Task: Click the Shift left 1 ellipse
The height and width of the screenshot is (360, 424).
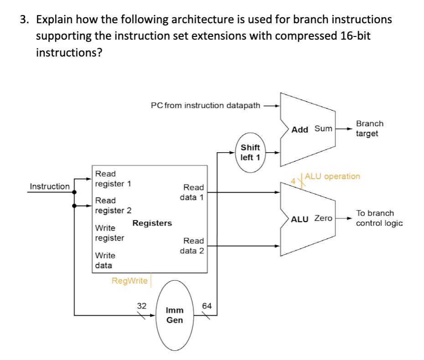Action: coord(250,153)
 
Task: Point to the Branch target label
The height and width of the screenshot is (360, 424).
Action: coord(369,129)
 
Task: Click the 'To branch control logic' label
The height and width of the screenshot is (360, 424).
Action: coord(379,218)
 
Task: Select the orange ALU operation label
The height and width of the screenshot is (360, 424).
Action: coord(332,176)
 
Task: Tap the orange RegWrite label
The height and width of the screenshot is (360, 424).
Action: coord(129,281)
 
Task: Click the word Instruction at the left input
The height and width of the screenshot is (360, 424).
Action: coord(50,186)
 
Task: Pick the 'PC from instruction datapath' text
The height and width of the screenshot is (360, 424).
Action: coord(205,106)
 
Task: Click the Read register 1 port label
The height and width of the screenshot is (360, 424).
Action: coord(113,179)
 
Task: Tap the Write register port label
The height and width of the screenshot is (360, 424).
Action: coord(109,232)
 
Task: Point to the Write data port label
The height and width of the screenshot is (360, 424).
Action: coord(105,260)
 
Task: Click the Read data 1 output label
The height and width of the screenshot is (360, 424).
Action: coord(193,192)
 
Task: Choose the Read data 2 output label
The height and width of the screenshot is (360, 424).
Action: coord(193,246)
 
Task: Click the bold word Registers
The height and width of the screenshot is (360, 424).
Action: coord(152,223)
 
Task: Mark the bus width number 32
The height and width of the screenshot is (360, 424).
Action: coord(142,306)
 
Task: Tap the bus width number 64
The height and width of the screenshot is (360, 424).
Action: coord(207,306)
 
